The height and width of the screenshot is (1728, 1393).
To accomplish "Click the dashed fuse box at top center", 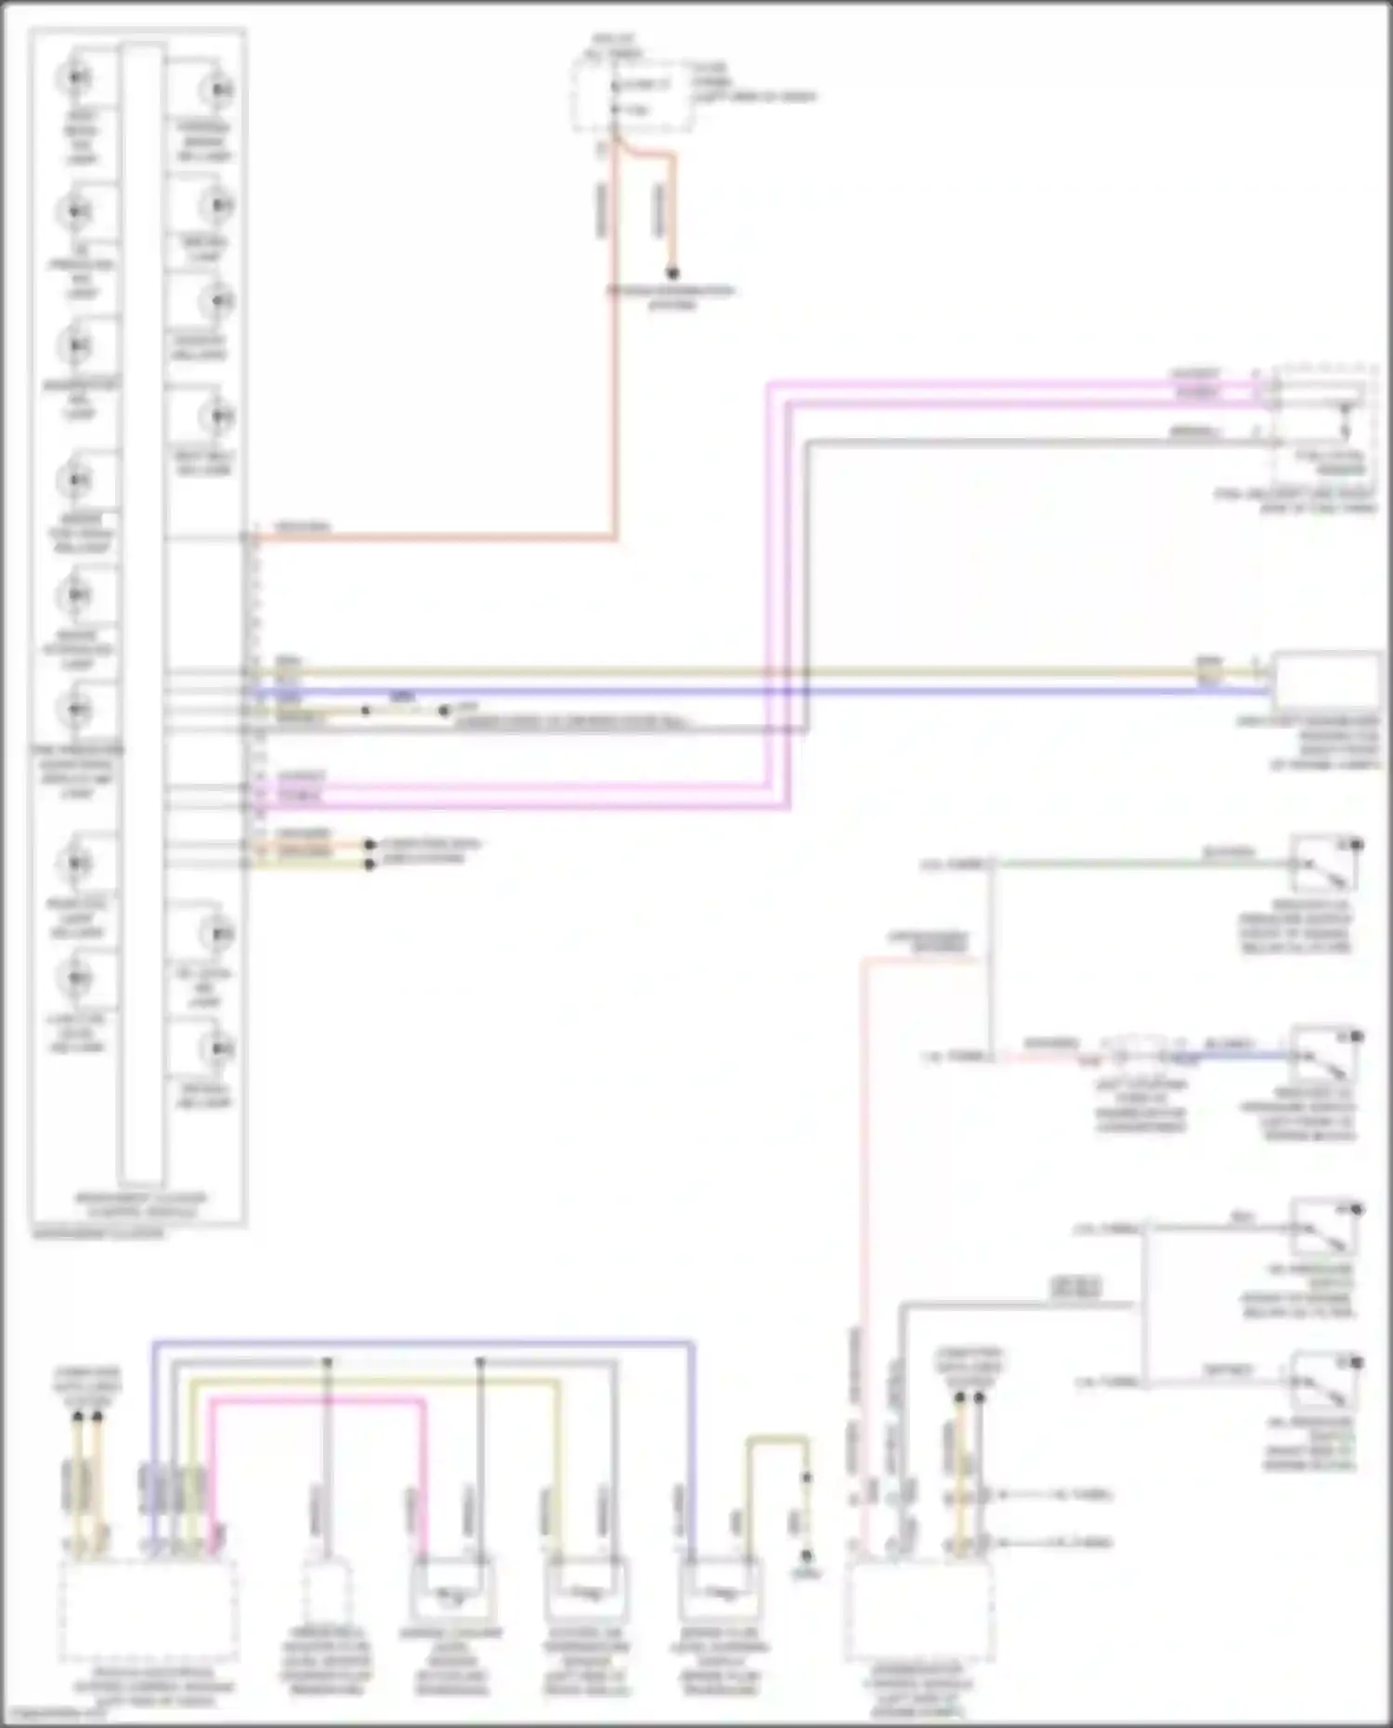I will [631, 97].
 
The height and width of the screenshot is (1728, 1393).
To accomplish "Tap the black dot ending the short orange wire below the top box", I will [673, 273].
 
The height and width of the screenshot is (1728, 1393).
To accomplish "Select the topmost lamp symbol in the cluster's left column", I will [77, 76].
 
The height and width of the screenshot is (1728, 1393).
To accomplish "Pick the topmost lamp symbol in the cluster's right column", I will [218, 90].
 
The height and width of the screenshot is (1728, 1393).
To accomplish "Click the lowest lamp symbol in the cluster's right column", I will [218, 1049].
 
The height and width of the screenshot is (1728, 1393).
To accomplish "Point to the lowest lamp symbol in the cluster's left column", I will [77, 978].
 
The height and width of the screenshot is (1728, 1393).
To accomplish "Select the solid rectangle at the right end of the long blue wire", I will [1326, 681].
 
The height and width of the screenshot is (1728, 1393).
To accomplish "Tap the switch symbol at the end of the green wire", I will [1323, 864].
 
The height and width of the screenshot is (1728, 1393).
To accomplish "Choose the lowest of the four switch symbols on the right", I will [1323, 1381].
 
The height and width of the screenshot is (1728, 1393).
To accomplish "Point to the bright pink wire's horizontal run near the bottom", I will [316, 1402].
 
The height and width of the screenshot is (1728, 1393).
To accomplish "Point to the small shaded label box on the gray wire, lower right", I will [1075, 1288].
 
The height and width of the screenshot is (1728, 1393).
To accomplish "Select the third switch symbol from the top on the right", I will [1323, 1228].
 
